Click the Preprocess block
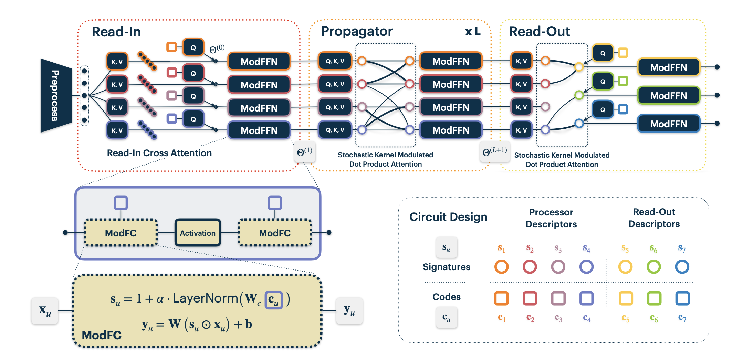click(x=55, y=95)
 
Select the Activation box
click(x=198, y=233)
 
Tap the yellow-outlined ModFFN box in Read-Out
click(x=668, y=67)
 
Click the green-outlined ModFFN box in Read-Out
click(x=668, y=96)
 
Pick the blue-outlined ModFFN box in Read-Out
click(x=668, y=124)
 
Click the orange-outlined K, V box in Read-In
click(x=117, y=62)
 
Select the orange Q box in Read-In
click(x=193, y=47)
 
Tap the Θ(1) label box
click(x=305, y=152)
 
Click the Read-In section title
click(x=116, y=32)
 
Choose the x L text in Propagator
click(x=473, y=32)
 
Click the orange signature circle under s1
click(x=501, y=267)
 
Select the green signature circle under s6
click(x=653, y=267)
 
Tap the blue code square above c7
click(x=682, y=298)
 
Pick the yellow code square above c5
click(x=626, y=298)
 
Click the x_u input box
click(x=45, y=311)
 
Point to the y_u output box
click(x=349, y=311)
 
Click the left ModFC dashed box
click(x=121, y=233)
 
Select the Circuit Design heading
click(x=448, y=217)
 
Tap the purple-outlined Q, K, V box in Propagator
click(x=335, y=130)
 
